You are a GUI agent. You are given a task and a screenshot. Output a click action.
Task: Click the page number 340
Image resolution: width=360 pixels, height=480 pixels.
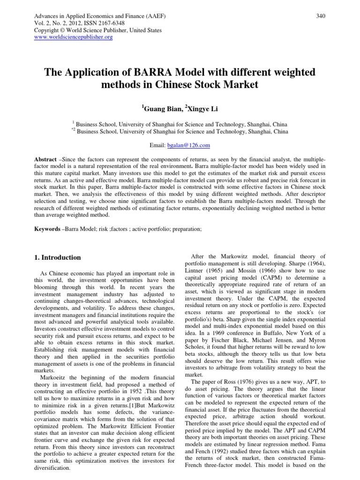[x=320, y=16]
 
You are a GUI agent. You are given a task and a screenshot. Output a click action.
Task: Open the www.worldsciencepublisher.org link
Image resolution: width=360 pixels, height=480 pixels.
[x=74, y=37]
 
